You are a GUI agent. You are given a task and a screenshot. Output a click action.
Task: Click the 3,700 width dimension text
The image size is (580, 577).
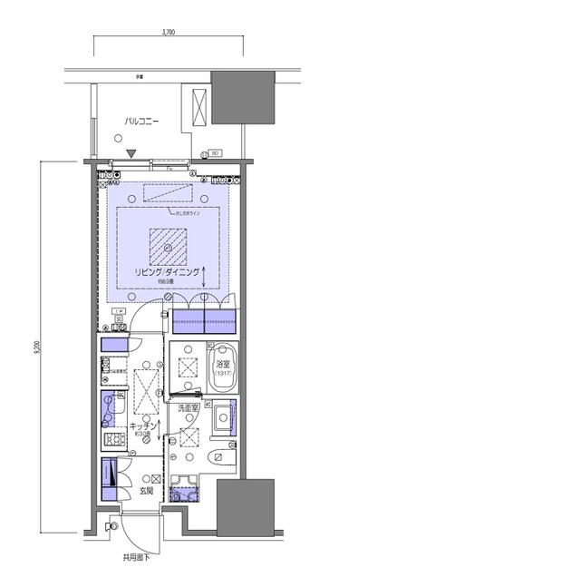click(169, 32)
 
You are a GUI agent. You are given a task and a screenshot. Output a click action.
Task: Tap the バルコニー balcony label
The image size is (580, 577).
click(142, 119)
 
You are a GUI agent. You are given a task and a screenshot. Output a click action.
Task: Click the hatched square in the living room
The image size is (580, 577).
click(169, 245)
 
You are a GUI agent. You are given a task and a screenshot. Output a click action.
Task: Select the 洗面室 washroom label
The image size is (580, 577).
click(188, 407)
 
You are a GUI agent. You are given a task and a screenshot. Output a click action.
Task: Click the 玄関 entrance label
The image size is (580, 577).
click(146, 491)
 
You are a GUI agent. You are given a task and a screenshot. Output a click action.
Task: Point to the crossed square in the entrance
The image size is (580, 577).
click(156, 478)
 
